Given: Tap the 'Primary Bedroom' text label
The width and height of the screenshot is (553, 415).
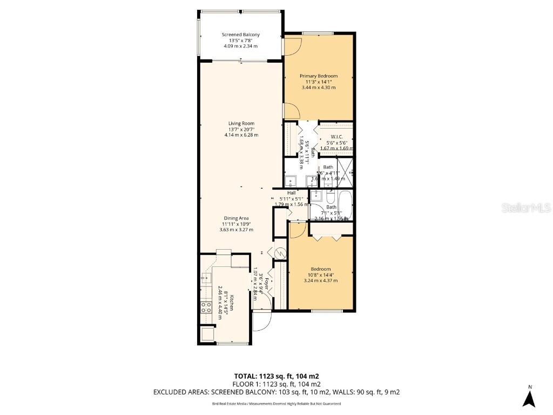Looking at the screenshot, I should click(319, 76).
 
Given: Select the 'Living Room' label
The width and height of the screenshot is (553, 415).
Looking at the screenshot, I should click(241, 123).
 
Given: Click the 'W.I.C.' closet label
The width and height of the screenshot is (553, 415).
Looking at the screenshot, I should click(336, 136).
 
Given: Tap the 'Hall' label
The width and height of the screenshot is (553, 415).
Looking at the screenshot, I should click(291, 192).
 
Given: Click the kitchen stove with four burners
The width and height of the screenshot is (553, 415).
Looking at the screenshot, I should click(206, 307).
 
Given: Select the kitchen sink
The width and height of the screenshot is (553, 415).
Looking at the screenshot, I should click(206, 278).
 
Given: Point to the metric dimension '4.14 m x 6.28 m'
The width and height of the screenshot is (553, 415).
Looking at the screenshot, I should click(241, 135).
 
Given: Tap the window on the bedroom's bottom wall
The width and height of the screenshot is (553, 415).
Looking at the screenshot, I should click(327, 311).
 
